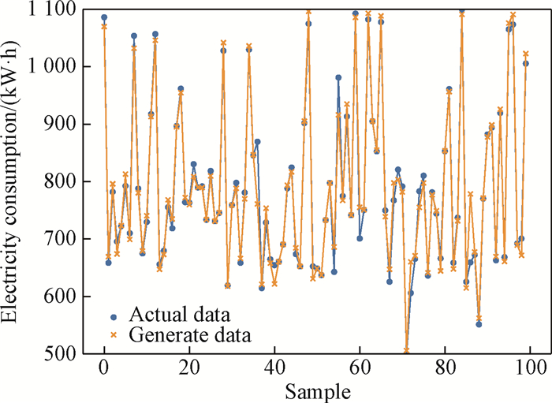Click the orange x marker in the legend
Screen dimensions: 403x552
(114, 336)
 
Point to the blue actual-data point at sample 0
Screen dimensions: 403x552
(104, 17)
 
